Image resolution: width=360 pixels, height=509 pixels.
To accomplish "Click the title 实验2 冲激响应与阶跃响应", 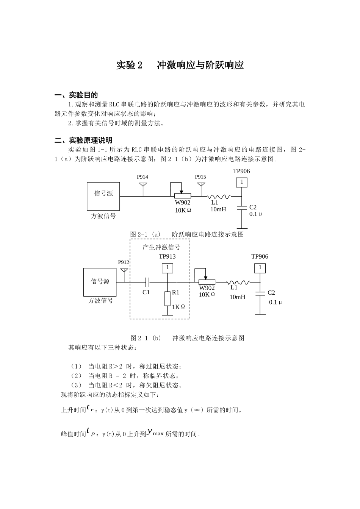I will [x=180, y=66].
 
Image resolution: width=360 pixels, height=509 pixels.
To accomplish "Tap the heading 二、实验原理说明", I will [x=83, y=141].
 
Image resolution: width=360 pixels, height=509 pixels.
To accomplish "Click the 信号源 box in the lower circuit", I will [x=100, y=282].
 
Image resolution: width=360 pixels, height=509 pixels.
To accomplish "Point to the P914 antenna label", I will [x=142, y=177].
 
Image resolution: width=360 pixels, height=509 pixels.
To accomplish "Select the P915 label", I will [x=200, y=177].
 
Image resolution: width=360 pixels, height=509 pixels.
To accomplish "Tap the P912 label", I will [x=124, y=262].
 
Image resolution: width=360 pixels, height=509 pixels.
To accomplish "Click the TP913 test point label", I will [x=167, y=256].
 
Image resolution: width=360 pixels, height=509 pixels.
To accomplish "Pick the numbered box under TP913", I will [x=167, y=268].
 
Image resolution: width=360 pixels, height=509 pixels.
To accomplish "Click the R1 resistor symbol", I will [x=167, y=299].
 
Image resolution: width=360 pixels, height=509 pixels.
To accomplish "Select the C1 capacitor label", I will [x=146, y=292].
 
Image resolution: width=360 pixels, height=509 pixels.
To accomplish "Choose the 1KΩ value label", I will [x=178, y=307].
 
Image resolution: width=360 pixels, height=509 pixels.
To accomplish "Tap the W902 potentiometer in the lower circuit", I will [x=207, y=282].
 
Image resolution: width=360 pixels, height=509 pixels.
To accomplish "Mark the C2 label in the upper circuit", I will [x=253, y=207].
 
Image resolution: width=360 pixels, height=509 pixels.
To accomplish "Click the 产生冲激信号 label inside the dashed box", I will [x=161, y=248].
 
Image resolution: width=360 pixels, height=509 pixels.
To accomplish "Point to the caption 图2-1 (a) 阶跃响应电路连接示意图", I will [x=187, y=234].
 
